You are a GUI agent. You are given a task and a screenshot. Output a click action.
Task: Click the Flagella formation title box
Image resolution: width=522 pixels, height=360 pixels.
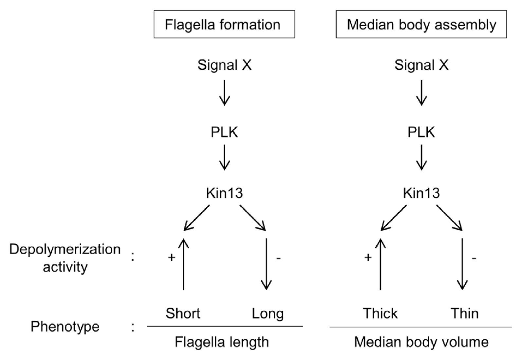224,25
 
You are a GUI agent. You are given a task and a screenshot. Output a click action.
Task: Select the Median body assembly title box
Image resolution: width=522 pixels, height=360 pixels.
421,25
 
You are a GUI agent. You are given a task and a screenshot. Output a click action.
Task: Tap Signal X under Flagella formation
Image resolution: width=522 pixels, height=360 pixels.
224,65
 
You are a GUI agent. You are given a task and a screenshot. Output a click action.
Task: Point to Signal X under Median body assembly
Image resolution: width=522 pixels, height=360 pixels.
421,65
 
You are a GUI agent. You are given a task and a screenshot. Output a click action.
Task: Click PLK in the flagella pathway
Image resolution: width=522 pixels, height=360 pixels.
224,132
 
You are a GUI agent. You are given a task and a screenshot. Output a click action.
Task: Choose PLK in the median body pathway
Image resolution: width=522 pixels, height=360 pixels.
421,132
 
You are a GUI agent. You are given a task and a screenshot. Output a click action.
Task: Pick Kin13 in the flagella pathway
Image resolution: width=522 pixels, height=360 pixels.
224,193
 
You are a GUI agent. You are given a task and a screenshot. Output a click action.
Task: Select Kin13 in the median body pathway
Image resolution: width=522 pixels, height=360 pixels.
421,193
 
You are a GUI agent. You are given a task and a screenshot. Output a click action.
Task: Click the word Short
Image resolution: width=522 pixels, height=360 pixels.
183,313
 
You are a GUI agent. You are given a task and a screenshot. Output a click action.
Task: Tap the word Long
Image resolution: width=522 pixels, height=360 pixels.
268,313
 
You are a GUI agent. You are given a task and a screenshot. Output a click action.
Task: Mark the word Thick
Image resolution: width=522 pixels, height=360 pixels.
380,313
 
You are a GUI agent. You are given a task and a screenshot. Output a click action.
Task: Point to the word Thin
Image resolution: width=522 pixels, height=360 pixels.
464,313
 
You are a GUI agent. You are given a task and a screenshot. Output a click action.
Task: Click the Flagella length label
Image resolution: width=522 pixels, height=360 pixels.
222,342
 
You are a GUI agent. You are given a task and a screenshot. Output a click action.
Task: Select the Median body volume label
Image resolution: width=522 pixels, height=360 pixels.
421,342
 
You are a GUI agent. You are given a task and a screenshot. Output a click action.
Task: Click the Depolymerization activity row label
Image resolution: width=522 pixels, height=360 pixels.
65,258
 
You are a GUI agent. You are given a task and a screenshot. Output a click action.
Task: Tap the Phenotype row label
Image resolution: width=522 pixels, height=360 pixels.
65,327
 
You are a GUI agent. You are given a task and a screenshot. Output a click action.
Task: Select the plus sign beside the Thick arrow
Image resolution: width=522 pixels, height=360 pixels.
368,257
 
